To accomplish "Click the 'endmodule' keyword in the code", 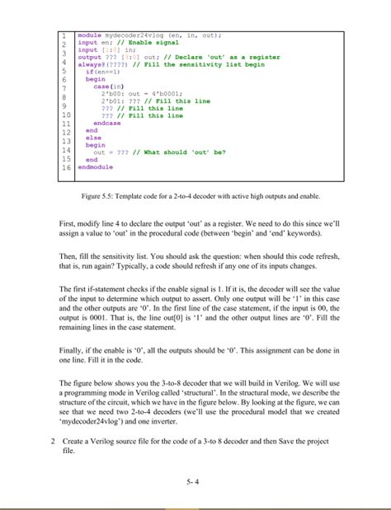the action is point(92,167).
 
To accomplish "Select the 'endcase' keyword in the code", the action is point(108,123).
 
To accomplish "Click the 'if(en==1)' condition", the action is point(102,72).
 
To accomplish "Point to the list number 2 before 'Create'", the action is point(52,442).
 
